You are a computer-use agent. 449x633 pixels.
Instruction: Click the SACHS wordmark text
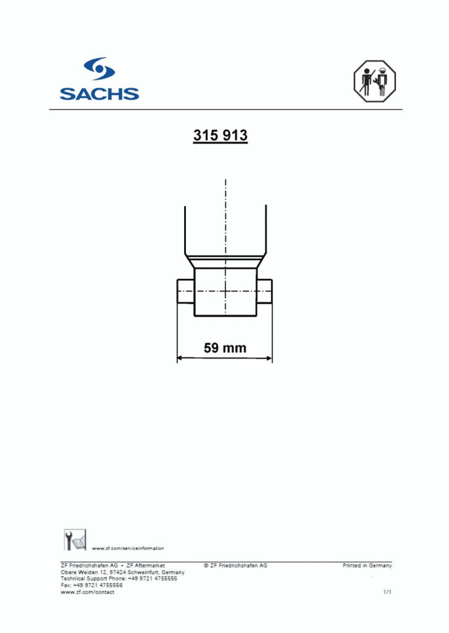click(x=99, y=94)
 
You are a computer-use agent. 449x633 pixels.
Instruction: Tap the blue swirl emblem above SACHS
click(x=99, y=69)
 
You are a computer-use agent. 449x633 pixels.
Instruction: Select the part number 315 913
click(x=220, y=136)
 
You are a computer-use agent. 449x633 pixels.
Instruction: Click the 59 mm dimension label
click(x=225, y=348)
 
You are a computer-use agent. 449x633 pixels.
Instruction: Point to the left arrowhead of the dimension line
click(x=180, y=357)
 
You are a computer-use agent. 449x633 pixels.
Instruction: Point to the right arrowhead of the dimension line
click(x=269, y=357)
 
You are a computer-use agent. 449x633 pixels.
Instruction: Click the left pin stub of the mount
click(x=186, y=291)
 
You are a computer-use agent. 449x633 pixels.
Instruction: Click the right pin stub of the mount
click(x=264, y=291)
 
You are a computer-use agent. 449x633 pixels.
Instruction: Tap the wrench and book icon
click(x=75, y=540)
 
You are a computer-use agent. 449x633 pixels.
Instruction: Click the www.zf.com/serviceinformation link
click(x=128, y=548)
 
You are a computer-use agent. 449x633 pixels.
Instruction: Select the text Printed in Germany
click(x=367, y=566)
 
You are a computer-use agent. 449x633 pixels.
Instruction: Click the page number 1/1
click(x=387, y=592)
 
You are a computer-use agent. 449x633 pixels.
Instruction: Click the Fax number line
click(x=91, y=585)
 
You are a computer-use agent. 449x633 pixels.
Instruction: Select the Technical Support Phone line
click(x=119, y=579)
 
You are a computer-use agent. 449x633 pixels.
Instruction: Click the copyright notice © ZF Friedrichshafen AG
click(x=235, y=566)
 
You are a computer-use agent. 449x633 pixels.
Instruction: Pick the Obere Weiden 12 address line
click(x=122, y=572)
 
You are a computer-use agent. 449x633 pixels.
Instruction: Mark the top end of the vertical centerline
click(x=226, y=181)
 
